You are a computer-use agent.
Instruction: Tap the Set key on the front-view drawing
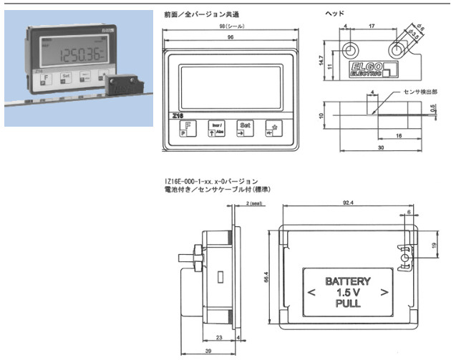click(x=244, y=127)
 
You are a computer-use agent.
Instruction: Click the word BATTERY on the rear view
click(x=347, y=281)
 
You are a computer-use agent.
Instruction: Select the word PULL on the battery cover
click(x=348, y=303)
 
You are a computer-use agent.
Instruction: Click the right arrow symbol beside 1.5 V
click(x=386, y=291)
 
